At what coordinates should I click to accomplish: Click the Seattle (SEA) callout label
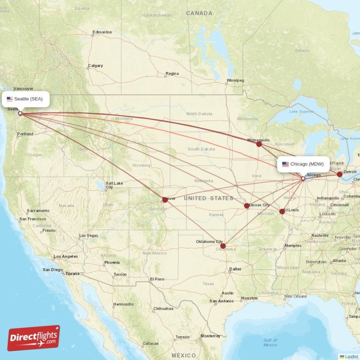pyautogui.click(x=26, y=99)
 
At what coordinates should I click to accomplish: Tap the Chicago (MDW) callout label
pyautogui.click(x=304, y=164)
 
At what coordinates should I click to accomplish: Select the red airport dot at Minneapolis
pyautogui.click(x=259, y=144)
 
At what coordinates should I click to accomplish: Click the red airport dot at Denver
pyautogui.click(x=165, y=200)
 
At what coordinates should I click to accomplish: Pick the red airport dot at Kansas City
pyautogui.click(x=247, y=206)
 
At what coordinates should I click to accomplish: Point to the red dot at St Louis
pyautogui.click(x=282, y=211)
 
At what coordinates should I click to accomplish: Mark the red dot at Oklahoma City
pyautogui.click(x=223, y=246)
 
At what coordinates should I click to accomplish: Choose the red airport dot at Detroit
pyautogui.click(x=339, y=174)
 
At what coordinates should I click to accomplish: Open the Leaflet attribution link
pyautogui.click(x=351, y=356)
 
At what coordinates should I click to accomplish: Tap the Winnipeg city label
pyautogui.click(x=235, y=81)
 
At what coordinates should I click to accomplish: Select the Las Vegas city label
pyautogui.click(x=88, y=235)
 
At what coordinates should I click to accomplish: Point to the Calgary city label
pyautogui.click(x=95, y=66)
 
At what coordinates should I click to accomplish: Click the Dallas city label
pyautogui.click(x=234, y=269)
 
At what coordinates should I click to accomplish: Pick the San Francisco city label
pyautogui.click(x=33, y=219)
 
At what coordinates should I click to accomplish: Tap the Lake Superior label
pyautogui.click(x=301, y=111)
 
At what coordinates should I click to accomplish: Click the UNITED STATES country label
pyautogui.click(x=208, y=198)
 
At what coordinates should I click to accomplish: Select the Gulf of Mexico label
pyautogui.click(x=270, y=342)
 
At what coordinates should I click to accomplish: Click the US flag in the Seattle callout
pyautogui.click(x=9, y=99)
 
